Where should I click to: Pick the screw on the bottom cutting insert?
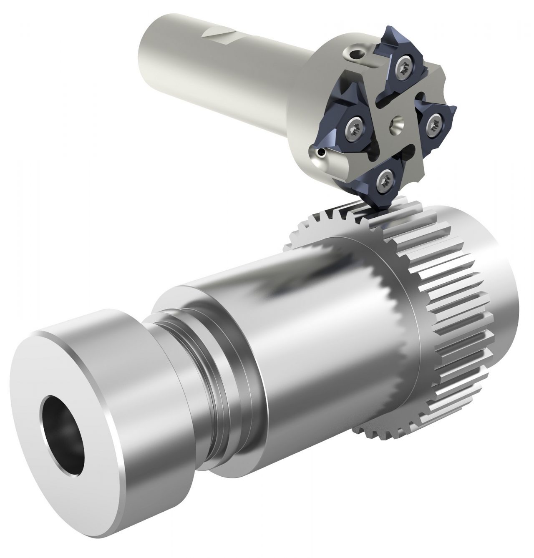[384, 180]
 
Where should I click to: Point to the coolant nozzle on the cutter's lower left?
[320, 154]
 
